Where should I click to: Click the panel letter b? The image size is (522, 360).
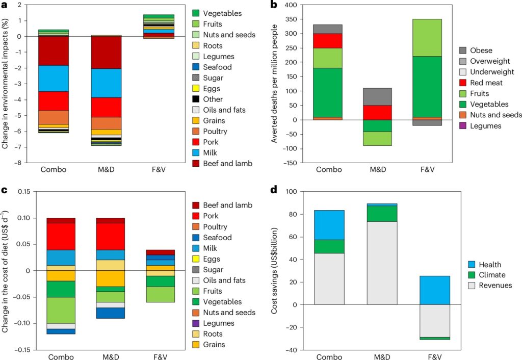coord(274,6)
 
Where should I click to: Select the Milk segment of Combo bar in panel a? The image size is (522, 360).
coord(54,78)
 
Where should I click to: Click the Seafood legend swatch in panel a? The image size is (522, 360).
coord(196,67)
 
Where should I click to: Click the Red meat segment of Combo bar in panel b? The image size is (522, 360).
coord(328,41)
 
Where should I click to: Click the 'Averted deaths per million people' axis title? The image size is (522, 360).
coord(274,85)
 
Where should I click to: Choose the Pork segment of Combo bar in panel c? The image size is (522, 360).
coord(61,237)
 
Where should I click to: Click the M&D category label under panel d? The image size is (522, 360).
coord(382,357)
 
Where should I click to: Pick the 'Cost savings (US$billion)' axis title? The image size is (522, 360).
coord(274,271)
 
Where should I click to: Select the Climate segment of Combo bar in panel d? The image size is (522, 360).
coord(329,246)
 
